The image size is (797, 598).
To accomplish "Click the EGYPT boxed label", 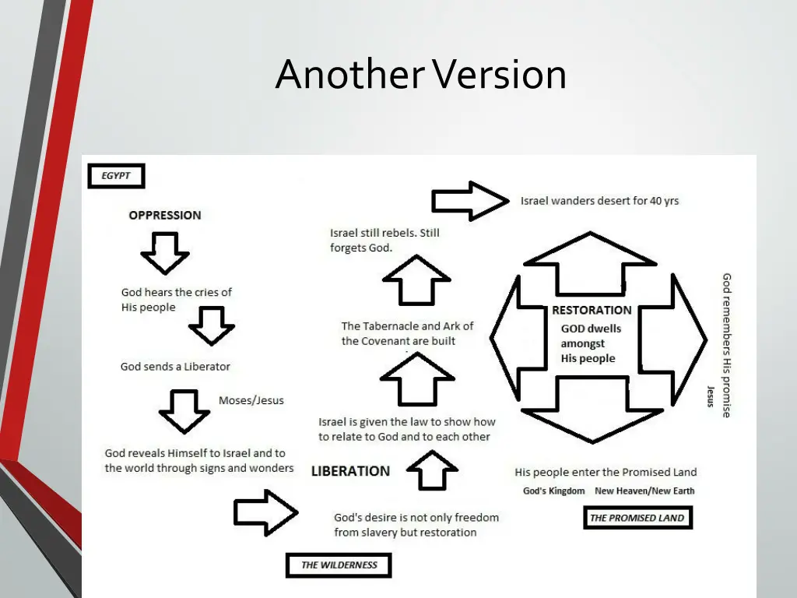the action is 116,176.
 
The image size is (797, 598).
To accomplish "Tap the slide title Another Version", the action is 420,75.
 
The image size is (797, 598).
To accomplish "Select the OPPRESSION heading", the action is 165,215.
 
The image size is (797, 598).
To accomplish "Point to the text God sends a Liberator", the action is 175,366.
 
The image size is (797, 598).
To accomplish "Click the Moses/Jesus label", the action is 251,400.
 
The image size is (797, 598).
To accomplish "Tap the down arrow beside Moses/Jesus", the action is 184,410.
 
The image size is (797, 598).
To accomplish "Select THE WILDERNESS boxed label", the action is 339,565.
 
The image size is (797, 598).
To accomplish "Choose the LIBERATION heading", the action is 350,471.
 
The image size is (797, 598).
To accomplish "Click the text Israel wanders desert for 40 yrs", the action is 599,201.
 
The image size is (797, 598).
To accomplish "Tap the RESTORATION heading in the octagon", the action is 592,310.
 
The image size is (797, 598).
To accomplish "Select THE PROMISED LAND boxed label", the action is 637,518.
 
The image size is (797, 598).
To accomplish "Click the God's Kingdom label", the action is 553,491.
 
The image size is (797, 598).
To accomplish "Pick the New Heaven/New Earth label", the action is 644,491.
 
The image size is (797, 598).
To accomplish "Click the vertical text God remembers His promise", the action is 726,345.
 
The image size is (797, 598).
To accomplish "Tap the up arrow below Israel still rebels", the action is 417,280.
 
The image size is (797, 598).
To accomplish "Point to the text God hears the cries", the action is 177,300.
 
